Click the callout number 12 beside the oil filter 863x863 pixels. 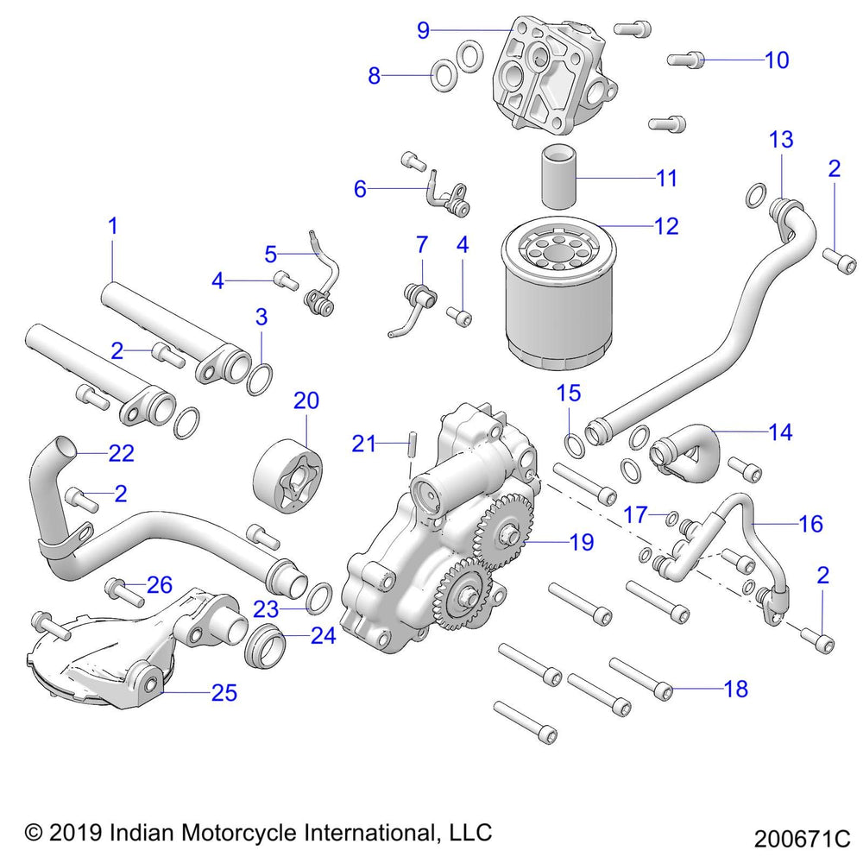pyautogui.click(x=666, y=226)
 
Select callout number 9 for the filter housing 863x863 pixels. pyautogui.click(x=423, y=30)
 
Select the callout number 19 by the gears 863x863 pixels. pyautogui.click(x=582, y=542)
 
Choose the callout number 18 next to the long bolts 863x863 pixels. pyautogui.click(x=736, y=689)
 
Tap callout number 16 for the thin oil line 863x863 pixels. pyautogui.click(x=810, y=524)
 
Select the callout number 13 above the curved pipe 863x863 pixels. pyautogui.click(x=781, y=139)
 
